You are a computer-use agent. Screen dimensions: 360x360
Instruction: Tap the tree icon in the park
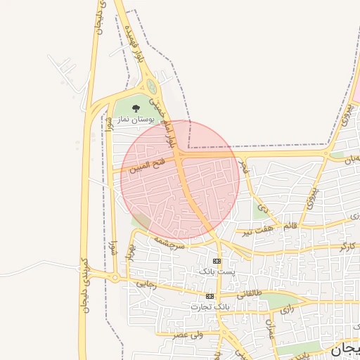click(136, 108)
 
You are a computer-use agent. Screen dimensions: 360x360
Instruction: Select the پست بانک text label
click(215, 271)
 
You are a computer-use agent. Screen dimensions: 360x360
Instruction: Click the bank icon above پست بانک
click(216, 261)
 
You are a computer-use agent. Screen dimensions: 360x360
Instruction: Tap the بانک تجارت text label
click(210, 307)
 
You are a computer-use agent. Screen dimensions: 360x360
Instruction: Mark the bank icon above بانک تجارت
click(210, 297)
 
